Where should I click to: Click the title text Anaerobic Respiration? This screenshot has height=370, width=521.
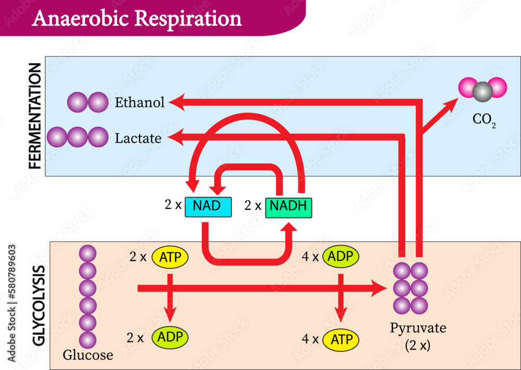pyautogui.click(x=137, y=18)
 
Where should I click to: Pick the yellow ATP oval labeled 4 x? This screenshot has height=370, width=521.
pyautogui.click(x=341, y=340)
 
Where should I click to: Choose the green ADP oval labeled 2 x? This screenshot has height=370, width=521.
pyautogui.click(x=170, y=337)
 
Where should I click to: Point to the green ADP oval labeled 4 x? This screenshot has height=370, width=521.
pyautogui.click(x=341, y=256)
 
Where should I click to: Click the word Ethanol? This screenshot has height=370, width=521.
pyautogui.click(x=140, y=102)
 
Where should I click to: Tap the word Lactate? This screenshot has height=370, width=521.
pyautogui.click(x=138, y=138)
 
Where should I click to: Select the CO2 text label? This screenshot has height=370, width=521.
pyautogui.click(x=484, y=120)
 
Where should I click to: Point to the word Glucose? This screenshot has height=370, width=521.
pyautogui.click(x=88, y=355)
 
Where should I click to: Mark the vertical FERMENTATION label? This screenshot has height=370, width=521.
pyautogui.click(x=34, y=116)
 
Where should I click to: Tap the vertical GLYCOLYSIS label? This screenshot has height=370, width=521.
pyautogui.click(x=38, y=306)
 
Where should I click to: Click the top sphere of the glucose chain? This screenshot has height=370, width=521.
pyautogui.click(x=88, y=254)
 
